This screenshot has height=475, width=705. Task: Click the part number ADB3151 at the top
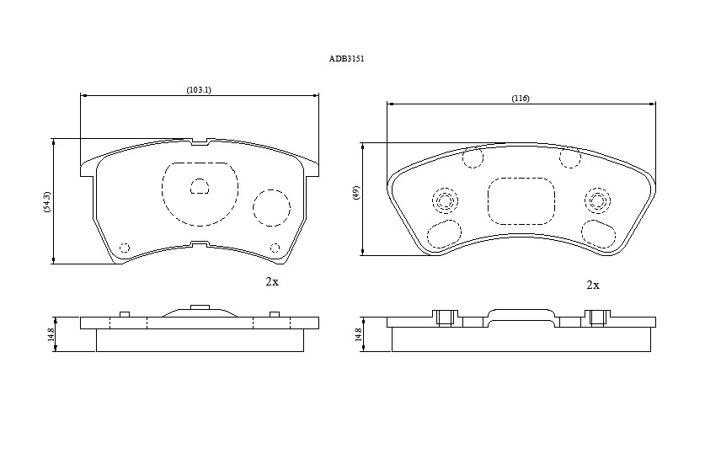click(x=346, y=59)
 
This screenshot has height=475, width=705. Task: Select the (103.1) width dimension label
click(x=199, y=90)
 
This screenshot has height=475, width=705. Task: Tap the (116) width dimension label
click(x=521, y=99)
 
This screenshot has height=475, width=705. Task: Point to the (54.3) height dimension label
click(x=48, y=202)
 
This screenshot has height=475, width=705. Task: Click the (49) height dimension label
click(x=356, y=193)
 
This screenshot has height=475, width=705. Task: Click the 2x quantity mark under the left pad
click(x=272, y=282)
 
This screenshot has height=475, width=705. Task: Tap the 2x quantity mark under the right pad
click(x=593, y=285)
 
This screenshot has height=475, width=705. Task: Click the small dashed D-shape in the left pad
click(x=200, y=186)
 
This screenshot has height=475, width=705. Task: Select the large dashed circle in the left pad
click(x=271, y=208)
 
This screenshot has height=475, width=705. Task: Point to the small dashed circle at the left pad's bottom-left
click(x=125, y=248)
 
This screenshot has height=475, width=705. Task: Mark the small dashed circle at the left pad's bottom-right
click(x=275, y=248)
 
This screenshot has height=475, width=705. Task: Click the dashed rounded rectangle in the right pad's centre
click(x=521, y=201)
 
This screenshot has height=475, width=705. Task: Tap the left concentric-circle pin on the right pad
click(x=445, y=200)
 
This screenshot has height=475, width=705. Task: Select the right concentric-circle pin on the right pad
click(x=597, y=200)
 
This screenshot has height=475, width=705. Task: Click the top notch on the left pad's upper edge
click(x=200, y=142)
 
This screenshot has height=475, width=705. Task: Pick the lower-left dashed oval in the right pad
click(x=444, y=233)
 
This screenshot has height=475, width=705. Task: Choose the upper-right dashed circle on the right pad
click(x=570, y=157)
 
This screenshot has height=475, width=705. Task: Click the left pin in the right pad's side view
click(x=445, y=318)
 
